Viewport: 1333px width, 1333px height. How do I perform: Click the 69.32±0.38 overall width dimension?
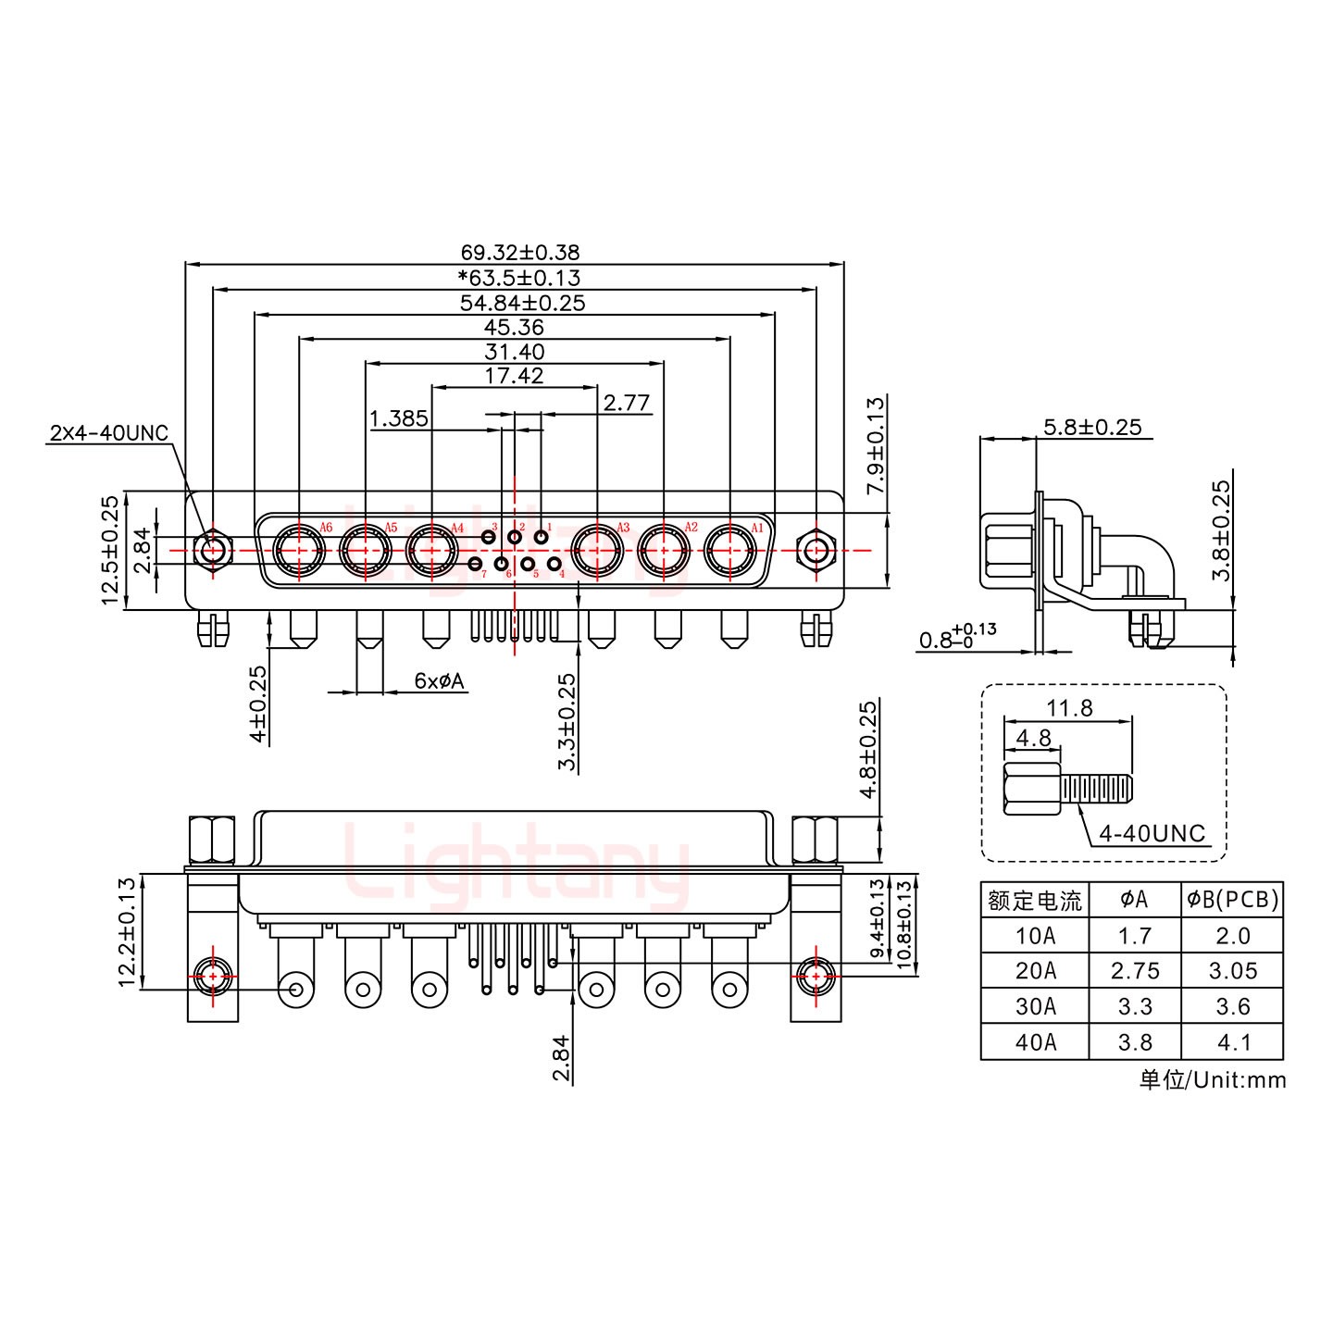click(x=519, y=252)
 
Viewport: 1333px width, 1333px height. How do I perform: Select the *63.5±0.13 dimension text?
click(x=519, y=277)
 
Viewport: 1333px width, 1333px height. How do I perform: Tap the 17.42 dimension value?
click(x=514, y=376)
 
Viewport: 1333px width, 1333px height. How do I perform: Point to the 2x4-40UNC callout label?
click(x=108, y=433)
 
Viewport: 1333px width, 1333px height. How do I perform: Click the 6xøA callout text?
click(x=440, y=681)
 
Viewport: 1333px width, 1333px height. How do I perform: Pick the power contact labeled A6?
click(x=299, y=552)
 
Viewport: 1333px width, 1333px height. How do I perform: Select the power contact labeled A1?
click(x=730, y=552)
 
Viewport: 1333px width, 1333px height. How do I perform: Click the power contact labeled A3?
click(x=597, y=552)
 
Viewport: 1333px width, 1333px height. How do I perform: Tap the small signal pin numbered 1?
click(x=542, y=538)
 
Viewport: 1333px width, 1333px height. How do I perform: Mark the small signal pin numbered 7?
click(x=475, y=564)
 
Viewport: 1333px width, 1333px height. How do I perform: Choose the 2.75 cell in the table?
click(x=1134, y=970)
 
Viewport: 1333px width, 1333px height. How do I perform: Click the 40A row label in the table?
click(x=1034, y=1041)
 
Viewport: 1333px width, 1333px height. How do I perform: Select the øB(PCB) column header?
click(x=1232, y=899)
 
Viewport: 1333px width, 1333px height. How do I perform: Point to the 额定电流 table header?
click(x=1034, y=900)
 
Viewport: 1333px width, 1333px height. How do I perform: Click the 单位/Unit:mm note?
click(x=1212, y=1079)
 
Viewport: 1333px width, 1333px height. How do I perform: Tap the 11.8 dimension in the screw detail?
click(x=1069, y=708)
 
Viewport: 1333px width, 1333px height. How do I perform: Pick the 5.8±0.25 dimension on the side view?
click(x=1092, y=428)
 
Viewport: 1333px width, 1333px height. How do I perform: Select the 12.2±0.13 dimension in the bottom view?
click(x=127, y=931)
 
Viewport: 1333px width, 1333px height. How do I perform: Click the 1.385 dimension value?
click(x=399, y=419)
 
